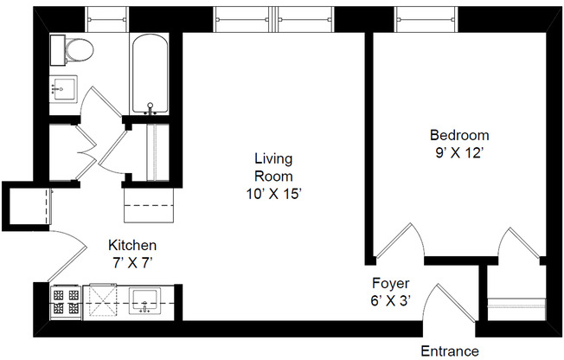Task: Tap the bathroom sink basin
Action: click(63, 87)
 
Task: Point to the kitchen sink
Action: click(144, 302)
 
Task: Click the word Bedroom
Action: click(459, 135)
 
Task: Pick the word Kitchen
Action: click(131, 244)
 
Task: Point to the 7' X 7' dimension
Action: click(131, 260)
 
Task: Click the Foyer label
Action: click(390, 283)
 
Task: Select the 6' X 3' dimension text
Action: click(390, 299)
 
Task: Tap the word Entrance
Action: click(449, 350)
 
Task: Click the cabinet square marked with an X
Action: click(104, 301)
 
